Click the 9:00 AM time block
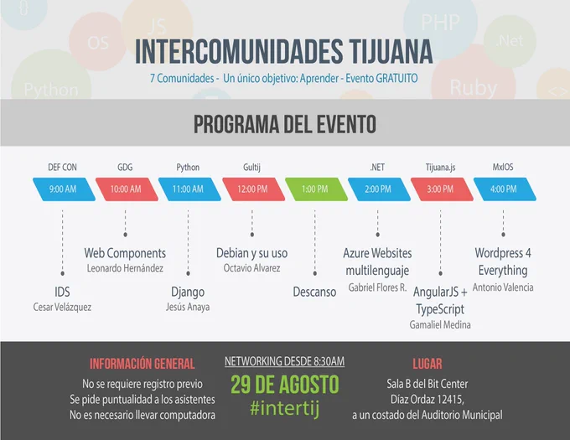point(64,189)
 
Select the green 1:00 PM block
point(316,189)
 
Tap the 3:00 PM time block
point(442,189)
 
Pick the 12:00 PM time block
point(254,189)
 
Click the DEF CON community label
point(63,167)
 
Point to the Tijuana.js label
point(441,167)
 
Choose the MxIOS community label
point(503,167)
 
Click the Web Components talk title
point(125,253)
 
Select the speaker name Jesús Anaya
point(188,307)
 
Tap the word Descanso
point(315,292)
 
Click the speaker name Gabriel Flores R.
point(377,287)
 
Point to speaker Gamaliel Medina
point(440,324)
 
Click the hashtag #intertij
point(285,408)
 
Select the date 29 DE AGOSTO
point(285,385)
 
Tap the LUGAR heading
point(427,364)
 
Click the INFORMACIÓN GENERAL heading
point(142,364)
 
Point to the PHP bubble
point(440,23)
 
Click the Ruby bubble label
point(474,88)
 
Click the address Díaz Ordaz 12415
point(427,399)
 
